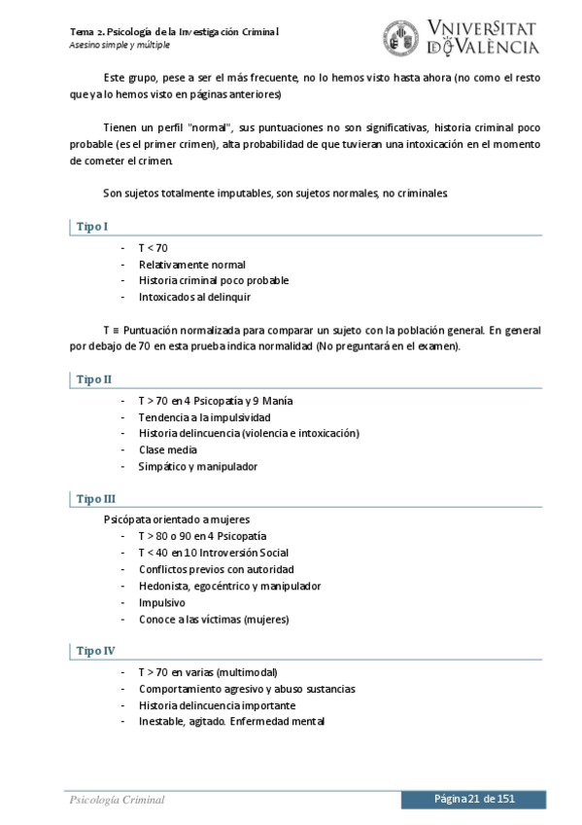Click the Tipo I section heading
92,227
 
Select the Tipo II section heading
94,379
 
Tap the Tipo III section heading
96,499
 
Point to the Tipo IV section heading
96,651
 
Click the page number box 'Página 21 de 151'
474,799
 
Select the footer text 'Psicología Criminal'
117,800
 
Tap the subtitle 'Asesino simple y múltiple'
120,45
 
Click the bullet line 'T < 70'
153,248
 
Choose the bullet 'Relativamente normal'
191,264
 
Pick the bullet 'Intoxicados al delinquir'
194,296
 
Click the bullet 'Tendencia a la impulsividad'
204,416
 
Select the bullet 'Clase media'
167,449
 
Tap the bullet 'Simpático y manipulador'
198,466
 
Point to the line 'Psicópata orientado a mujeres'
177,520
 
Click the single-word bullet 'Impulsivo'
162,602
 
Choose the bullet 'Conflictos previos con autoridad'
216,569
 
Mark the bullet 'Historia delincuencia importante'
217,705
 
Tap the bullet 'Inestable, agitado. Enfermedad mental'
231,722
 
